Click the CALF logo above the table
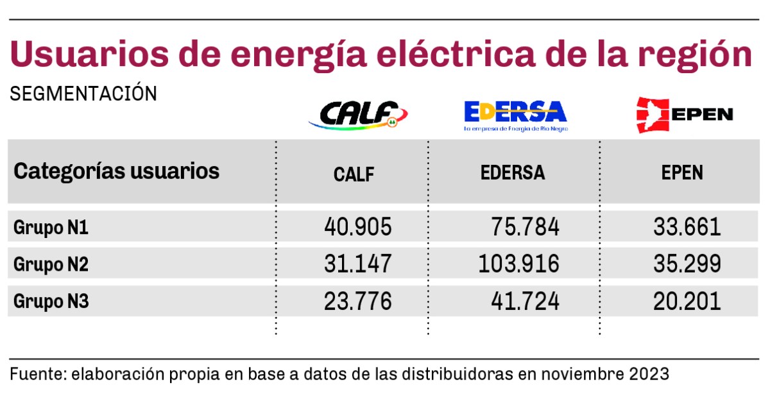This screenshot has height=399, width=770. point(358,115)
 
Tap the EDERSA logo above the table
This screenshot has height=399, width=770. point(515,115)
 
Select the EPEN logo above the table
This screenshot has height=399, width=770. point(683,115)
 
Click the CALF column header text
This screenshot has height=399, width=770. point(354,174)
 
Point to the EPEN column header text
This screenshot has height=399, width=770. point(682,173)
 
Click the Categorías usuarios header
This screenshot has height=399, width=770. point(117,171)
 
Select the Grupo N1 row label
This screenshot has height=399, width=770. point(51,228)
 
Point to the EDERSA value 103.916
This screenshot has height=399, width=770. point(518,264)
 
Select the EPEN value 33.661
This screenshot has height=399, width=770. point(687,227)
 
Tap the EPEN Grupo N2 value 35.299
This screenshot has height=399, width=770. point(687,264)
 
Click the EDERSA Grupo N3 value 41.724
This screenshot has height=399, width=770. point(526,300)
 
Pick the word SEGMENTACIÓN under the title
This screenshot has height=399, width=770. point(83,94)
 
